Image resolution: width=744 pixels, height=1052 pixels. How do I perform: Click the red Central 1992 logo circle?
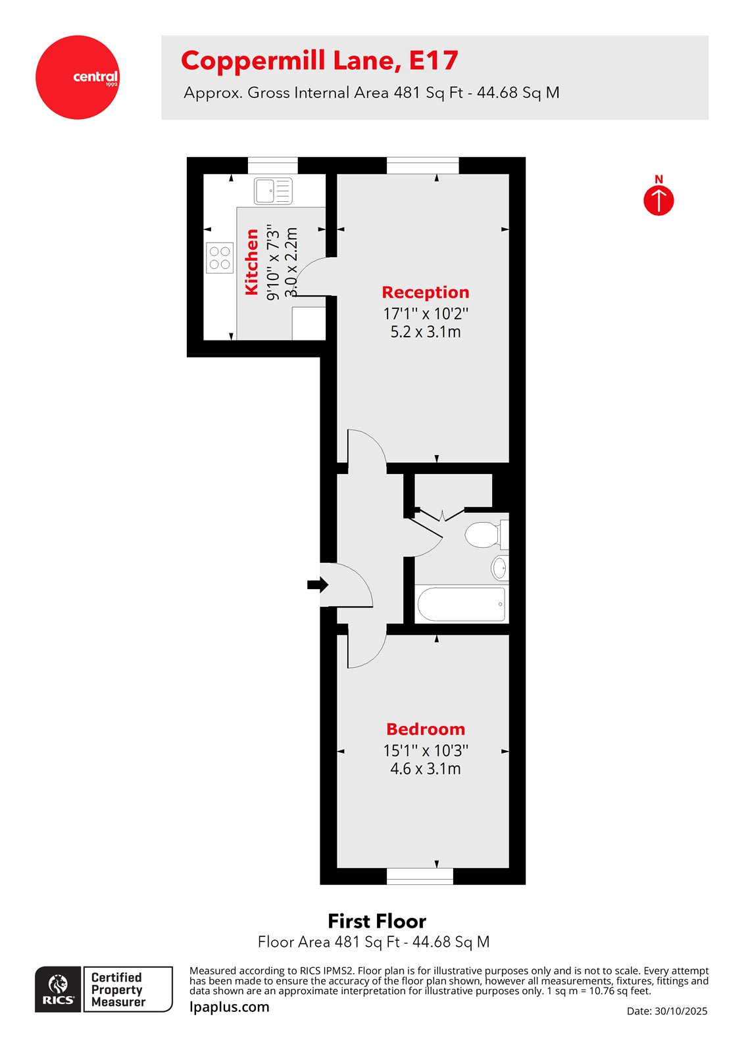coord(78,78)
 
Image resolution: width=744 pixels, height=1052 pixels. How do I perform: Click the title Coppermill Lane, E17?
coord(319,61)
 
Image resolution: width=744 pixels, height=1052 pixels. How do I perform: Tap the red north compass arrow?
coord(658,201)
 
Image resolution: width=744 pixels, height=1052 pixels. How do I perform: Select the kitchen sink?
coord(273,191)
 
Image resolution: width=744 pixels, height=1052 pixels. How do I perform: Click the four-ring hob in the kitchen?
coord(220,258)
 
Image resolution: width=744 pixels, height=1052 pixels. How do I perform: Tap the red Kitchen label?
coord(251,262)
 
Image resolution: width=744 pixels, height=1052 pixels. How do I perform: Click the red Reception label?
coord(425,293)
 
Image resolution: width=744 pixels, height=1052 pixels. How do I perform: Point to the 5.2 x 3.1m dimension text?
coord(425,332)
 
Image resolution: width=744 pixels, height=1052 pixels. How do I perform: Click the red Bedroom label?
coord(425,729)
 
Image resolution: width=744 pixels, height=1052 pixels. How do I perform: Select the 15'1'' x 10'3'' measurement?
coord(425,750)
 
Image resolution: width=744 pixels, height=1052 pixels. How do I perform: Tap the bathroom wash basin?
coord(500,567)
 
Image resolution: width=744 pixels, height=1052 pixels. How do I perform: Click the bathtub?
coord(461,604)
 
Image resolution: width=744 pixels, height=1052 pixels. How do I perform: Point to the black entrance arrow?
coord(317,585)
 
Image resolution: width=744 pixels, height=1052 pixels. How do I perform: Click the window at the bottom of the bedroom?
coord(420,876)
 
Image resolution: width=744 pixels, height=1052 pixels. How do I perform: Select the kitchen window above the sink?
coord(272,165)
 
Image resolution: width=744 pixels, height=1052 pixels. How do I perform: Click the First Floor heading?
coord(376,920)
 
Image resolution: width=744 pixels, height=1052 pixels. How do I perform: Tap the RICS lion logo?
coord(59,988)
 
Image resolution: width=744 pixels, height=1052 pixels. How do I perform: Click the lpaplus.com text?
coord(229,1007)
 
